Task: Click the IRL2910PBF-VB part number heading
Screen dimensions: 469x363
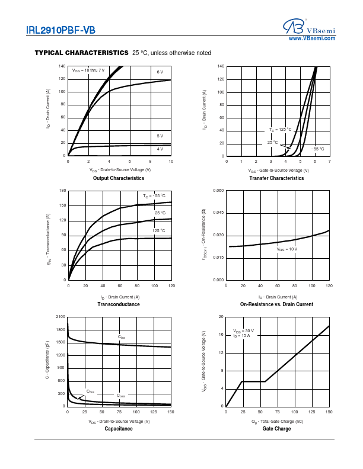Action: coord(60,30)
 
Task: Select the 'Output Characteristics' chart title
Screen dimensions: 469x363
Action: coord(119,178)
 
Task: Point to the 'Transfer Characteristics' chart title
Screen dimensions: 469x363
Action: coord(276,178)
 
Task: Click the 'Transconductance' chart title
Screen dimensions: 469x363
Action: coord(119,304)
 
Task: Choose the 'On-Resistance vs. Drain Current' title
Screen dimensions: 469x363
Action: coord(276,304)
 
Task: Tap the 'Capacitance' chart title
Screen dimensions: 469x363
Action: coord(119,429)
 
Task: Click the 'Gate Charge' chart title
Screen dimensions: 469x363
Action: coord(276,429)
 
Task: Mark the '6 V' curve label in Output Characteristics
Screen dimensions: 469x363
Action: coord(160,72)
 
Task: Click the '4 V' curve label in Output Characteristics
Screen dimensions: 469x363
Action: coord(160,149)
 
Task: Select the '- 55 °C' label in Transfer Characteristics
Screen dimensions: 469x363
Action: coord(318,149)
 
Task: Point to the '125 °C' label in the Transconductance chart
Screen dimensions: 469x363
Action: coord(158,230)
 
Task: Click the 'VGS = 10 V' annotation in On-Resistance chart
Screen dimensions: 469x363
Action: coord(286,249)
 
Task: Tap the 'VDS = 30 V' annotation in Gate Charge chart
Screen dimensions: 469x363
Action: coord(243,331)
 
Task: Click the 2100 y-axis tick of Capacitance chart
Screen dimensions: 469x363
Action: coord(60,317)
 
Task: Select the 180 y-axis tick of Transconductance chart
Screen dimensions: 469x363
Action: coord(62,191)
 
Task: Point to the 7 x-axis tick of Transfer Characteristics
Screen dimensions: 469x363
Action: coord(329,161)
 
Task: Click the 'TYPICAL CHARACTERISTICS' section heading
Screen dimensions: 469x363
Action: coord(81,53)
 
